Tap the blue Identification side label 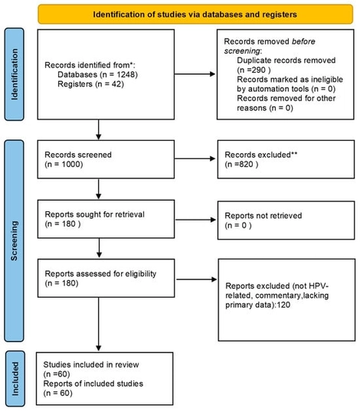13,73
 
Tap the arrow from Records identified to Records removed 190,74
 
